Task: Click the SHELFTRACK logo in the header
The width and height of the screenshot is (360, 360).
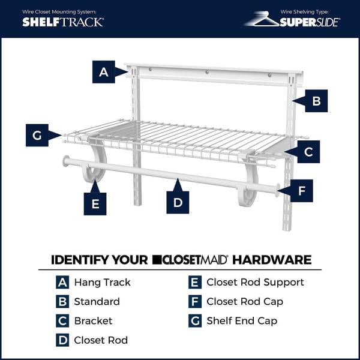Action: [63, 22]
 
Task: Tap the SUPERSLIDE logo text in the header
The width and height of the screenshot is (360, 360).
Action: [310, 22]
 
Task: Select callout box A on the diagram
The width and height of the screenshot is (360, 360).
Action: [104, 72]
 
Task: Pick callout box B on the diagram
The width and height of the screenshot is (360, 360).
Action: [316, 101]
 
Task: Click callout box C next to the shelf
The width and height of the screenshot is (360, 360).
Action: [308, 152]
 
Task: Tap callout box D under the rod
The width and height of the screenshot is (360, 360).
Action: [178, 203]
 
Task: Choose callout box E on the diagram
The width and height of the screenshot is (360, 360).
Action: [95, 203]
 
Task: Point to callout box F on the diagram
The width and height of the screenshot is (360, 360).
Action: [302, 191]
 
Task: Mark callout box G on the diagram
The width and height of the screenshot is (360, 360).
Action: [37, 136]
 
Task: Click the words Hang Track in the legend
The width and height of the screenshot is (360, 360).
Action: [102, 282]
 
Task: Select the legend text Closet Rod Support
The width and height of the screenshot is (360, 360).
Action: [255, 282]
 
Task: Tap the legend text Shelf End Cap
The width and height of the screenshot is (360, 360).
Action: [242, 320]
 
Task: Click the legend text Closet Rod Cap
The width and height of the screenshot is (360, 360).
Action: [245, 301]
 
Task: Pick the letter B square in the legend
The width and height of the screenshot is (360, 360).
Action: [63, 301]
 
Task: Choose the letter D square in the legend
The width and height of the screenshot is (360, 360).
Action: [63, 340]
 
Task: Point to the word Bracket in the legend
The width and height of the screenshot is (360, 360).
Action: [93, 320]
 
